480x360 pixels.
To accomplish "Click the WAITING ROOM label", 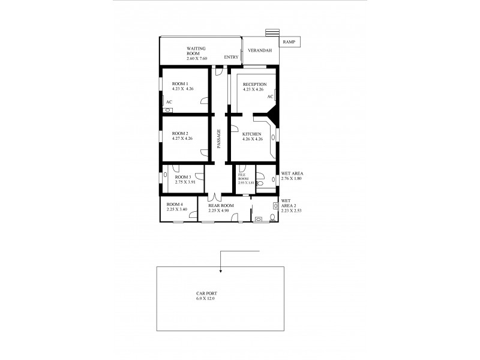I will click(197, 50).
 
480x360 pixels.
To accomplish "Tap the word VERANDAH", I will click(260, 50).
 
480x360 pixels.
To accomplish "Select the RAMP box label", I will click(290, 41).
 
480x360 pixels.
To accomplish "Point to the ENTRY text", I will click(232, 57).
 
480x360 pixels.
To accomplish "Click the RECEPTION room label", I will click(254, 84).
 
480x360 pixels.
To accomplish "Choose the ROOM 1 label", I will click(181, 83).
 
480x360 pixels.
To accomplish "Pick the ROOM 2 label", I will click(181, 133).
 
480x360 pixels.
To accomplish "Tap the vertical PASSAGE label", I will click(219, 139).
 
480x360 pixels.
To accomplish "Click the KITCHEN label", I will click(251, 133).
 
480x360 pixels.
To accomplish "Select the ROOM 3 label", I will click(183, 177).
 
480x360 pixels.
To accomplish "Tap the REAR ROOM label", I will click(220, 205).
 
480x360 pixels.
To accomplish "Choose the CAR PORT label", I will click(205, 293).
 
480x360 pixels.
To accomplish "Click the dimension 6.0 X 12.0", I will click(205, 298).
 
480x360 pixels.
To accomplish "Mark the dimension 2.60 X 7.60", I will click(196, 58).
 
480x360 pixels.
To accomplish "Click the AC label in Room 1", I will click(169, 102).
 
